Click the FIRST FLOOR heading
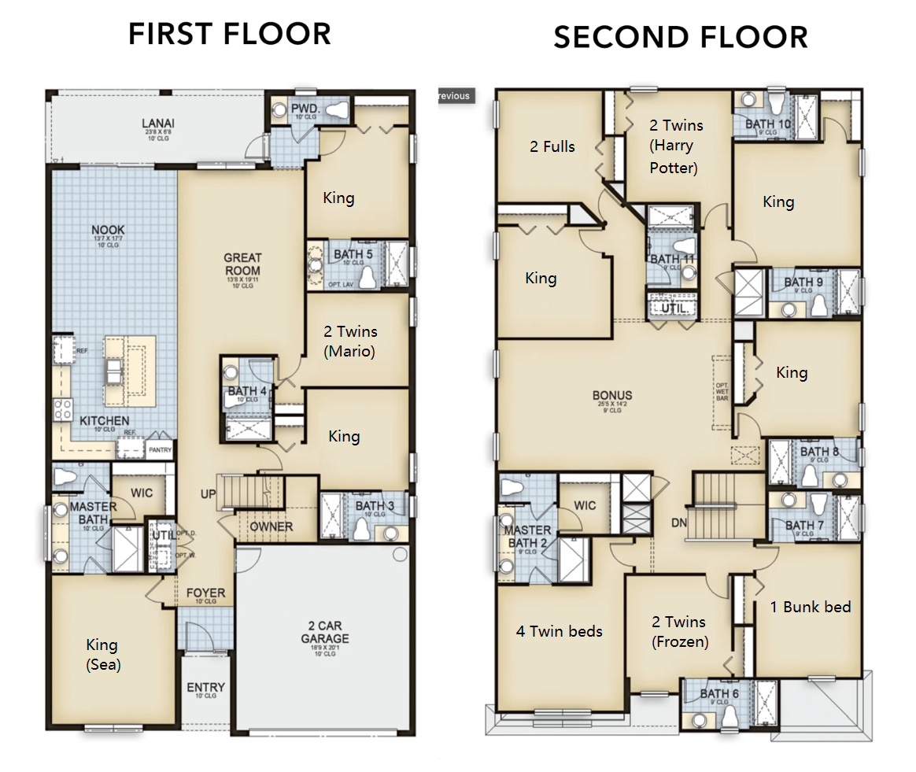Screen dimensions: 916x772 230,35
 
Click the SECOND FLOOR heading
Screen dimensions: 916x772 680,37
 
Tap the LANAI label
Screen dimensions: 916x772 158,124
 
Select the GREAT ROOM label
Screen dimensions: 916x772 242,264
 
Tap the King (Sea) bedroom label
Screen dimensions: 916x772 102,654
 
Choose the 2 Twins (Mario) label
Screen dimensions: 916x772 350,342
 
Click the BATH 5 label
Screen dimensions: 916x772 353,254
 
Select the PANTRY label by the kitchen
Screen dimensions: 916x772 159,449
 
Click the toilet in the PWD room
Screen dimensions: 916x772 336,109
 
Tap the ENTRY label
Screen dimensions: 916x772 205,688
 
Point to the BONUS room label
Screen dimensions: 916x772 612,396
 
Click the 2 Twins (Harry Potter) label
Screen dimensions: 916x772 675,146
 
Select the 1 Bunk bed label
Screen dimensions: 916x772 810,607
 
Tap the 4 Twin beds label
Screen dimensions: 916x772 559,631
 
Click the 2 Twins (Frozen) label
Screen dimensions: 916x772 679,631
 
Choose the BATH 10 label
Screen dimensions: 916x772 768,124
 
